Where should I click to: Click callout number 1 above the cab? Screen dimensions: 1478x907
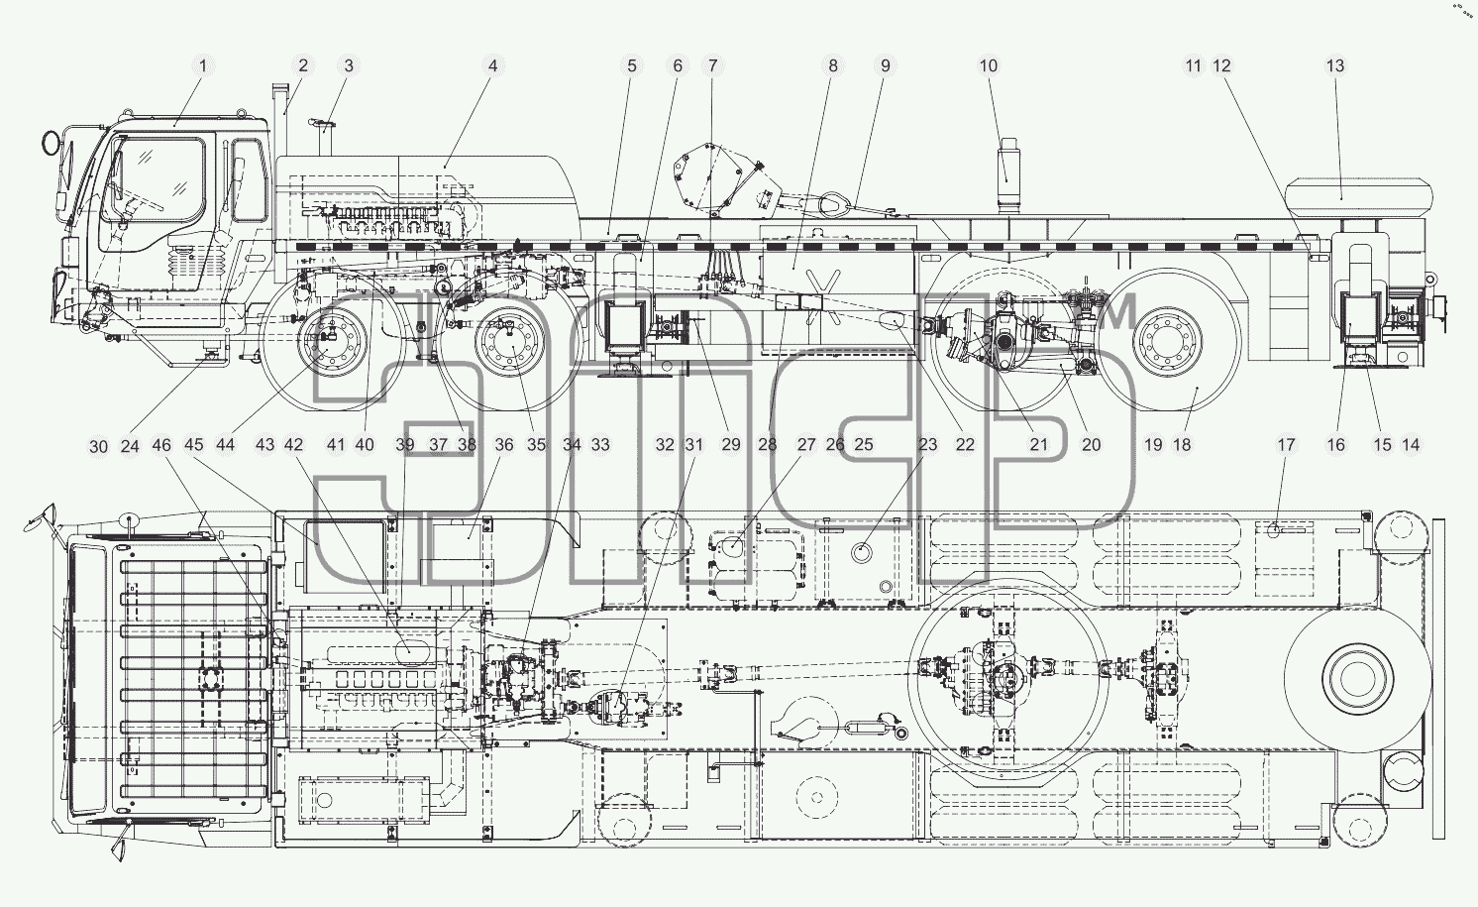[203, 66]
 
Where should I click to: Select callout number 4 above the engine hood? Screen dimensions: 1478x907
[492, 66]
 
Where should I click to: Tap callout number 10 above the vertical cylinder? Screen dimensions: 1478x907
[988, 66]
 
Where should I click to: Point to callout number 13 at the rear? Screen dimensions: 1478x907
[1334, 66]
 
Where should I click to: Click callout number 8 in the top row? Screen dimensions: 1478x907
[833, 66]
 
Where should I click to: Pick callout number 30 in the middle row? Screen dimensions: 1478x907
[98, 447]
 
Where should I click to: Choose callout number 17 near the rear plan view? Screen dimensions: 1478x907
[1286, 446]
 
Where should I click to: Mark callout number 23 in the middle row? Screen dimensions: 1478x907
[927, 446]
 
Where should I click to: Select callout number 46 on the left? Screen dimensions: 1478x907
[161, 446]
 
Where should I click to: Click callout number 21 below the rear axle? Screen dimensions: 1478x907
[1038, 446]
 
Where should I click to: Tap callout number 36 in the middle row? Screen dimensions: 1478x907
[504, 446]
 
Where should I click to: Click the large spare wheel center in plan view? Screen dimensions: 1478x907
[1358, 680]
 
